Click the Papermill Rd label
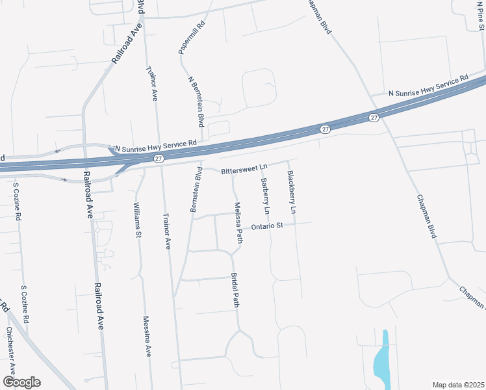[192, 37]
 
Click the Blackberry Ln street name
[292, 192]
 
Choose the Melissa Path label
[238, 222]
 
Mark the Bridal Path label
[236, 291]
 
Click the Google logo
[21, 382]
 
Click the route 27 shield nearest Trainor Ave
[159, 158]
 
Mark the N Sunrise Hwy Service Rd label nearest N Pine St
[428, 86]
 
